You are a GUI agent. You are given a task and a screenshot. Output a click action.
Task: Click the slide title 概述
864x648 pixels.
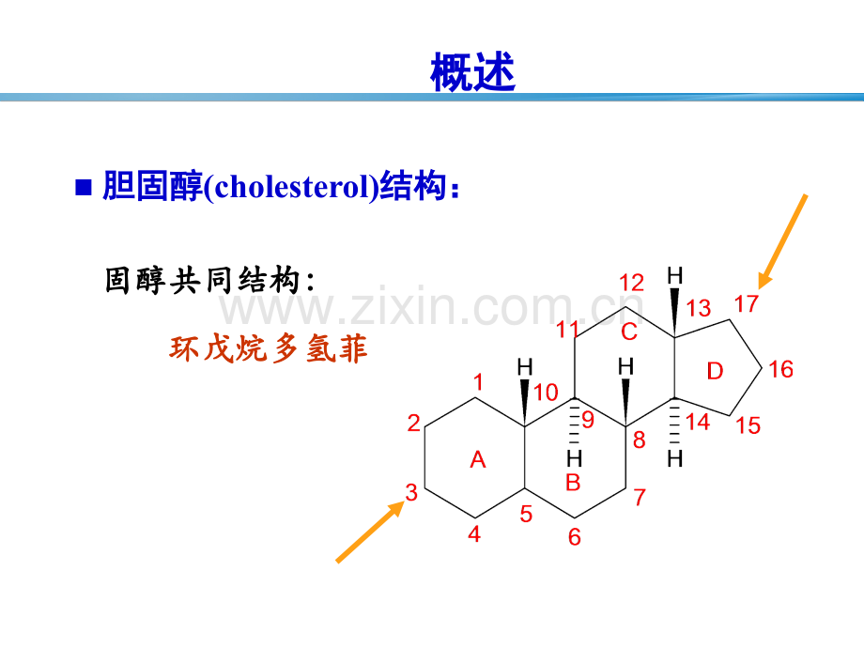[472, 71]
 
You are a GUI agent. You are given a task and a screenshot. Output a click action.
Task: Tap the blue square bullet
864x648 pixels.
[84, 187]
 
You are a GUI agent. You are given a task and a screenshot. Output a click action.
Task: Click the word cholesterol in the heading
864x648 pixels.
[291, 186]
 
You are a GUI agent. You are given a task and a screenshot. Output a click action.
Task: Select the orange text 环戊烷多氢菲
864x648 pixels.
[269, 348]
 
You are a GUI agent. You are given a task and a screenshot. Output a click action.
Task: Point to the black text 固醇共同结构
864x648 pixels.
[202, 280]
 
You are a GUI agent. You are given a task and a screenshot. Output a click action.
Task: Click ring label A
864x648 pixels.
[478, 459]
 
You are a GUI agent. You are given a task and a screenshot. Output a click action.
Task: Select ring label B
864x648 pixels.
[573, 483]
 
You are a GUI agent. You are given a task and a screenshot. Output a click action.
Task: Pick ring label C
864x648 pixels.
[628, 332]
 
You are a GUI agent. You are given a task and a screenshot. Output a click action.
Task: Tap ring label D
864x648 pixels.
[715, 371]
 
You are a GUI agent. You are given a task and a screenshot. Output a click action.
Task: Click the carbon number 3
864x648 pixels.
[411, 493]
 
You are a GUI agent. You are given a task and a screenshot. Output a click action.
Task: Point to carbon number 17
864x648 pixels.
[747, 303]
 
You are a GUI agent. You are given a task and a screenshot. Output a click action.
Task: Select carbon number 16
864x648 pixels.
[780, 369]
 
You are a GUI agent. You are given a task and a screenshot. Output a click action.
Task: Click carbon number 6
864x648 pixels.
[574, 536]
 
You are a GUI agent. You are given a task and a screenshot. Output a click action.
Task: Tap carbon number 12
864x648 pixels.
[631, 283]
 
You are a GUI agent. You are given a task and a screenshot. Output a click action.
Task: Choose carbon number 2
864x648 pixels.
[414, 424]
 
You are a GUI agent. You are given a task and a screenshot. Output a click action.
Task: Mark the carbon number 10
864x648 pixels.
[546, 393]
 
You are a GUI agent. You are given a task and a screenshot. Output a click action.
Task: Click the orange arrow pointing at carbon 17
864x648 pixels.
[783, 241]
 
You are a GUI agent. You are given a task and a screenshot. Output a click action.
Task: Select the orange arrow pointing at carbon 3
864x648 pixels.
[370, 532]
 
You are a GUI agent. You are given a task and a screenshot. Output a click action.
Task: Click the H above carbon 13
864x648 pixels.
[675, 275]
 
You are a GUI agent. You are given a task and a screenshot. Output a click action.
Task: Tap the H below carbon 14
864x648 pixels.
[675, 458]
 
